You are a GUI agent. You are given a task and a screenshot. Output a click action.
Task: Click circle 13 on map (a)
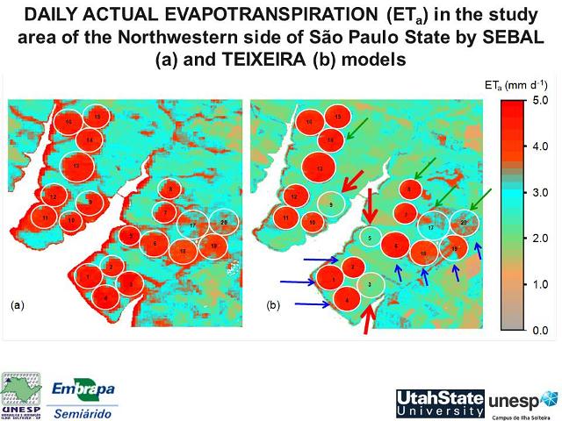click(77, 165)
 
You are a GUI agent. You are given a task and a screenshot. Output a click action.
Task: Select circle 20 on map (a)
click(224, 224)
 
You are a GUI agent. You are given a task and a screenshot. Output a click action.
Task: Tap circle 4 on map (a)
click(105, 297)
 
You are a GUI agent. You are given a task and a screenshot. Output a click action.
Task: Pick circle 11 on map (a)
click(45, 217)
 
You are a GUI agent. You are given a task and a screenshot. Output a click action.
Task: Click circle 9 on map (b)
click(330, 203)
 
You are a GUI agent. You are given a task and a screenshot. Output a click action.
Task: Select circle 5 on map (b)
click(371, 237)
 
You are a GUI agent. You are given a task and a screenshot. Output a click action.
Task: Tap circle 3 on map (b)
click(371, 284)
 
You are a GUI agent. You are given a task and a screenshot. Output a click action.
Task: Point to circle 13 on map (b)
click(321, 167)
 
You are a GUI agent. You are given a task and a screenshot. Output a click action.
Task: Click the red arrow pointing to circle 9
click(355, 182)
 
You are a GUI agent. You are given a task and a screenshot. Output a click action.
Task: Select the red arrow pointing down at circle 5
click(370, 208)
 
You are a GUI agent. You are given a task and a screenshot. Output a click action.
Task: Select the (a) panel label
click(18, 306)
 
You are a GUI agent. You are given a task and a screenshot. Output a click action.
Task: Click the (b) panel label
click(273, 306)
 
